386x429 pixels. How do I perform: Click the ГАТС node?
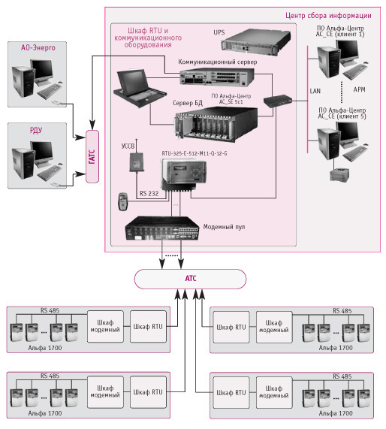coord(92,156)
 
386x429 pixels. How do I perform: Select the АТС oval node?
coord(190,279)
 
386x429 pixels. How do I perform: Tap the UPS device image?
coord(255,42)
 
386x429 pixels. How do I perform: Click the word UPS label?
coord(219,32)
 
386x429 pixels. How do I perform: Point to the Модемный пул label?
coord(224,227)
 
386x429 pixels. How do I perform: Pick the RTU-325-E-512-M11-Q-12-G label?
coord(195,153)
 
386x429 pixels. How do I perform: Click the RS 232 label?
coord(149,193)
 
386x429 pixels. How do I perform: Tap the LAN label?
coord(315,91)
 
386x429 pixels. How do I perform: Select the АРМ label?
coord(359,89)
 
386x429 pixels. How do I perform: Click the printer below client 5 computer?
coord(339,174)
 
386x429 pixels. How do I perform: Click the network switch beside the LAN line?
coord(277,101)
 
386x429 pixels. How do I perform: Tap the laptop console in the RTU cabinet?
coord(139,89)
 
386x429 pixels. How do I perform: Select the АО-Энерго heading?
coord(38,47)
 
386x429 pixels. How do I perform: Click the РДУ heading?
coord(36,130)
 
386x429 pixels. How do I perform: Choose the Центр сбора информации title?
coord(328,15)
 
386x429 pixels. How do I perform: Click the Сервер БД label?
coord(188,103)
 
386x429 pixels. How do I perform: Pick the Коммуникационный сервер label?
coord(218,62)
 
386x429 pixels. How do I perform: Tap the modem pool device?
coord(162,228)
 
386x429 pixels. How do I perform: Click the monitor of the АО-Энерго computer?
coord(42,71)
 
